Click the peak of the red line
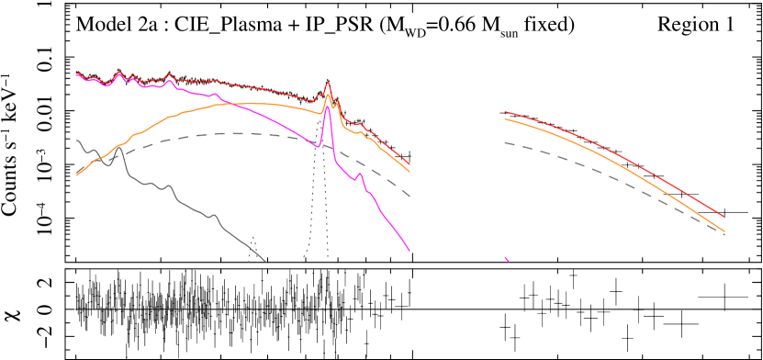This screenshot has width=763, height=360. [x=328, y=83]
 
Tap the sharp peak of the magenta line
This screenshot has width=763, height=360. [x=328, y=107]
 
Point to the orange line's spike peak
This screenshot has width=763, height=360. [x=328, y=95]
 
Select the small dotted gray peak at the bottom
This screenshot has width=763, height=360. [x=252, y=238]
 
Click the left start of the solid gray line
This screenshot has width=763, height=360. [x=77, y=141]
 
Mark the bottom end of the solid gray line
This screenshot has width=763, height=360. [x=265, y=262]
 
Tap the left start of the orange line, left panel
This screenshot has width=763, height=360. [x=77, y=174]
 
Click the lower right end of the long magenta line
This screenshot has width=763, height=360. [x=410, y=250]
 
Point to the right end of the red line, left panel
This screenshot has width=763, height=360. [x=410, y=165]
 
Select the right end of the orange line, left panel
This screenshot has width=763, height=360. [x=410, y=172]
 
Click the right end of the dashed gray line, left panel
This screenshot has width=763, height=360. [x=410, y=196]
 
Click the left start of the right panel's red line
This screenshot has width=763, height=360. [x=505, y=112]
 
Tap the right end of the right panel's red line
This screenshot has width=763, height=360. [x=724, y=217]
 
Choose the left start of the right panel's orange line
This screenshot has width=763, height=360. [x=505, y=119]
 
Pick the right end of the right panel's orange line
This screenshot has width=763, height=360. [x=724, y=231]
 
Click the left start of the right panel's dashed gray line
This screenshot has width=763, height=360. [x=505, y=142]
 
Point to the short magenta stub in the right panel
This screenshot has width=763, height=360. [x=507, y=260]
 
